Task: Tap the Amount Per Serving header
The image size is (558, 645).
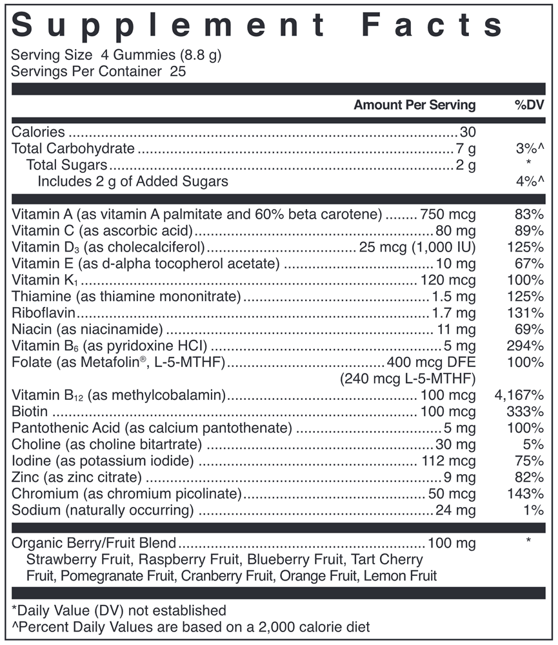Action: (x=414, y=105)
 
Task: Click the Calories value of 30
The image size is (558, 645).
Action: (x=468, y=132)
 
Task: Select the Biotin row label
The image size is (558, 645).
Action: (x=30, y=412)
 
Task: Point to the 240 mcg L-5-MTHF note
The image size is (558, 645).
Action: (x=408, y=379)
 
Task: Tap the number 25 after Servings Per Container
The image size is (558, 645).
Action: (x=177, y=71)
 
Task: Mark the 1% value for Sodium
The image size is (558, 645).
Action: (x=533, y=510)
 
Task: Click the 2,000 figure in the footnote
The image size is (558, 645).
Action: (x=257, y=626)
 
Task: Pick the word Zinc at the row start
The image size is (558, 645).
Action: (x=25, y=477)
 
